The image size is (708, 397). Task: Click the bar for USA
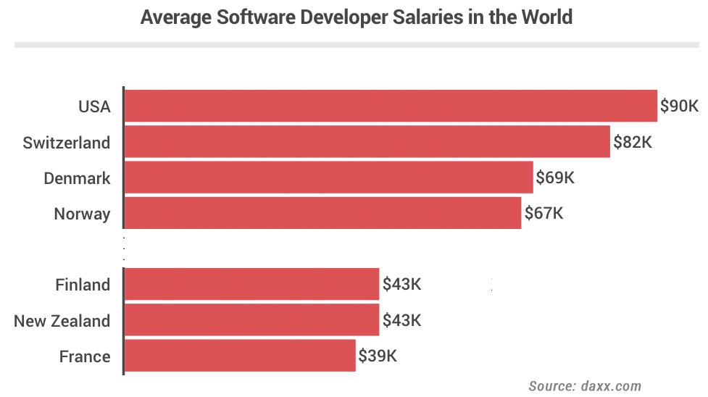point(391,106)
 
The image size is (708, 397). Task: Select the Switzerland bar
point(367,141)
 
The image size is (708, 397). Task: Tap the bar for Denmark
point(328,177)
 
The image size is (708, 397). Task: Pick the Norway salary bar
point(322,213)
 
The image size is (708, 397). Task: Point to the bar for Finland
point(251,284)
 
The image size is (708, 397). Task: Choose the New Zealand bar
point(251,320)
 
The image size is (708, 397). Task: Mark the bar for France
point(240,356)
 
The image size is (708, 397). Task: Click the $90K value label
point(679,106)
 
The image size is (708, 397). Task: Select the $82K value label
point(633,142)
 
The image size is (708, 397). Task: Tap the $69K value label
point(555,177)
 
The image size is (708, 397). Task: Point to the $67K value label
point(544,214)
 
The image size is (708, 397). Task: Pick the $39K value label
point(378,356)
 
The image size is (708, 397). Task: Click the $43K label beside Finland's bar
point(401,285)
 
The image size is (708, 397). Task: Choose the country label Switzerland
point(67,142)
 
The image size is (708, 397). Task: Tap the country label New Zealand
point(62,321)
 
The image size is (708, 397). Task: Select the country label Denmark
point(77,178)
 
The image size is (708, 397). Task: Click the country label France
point(85,356)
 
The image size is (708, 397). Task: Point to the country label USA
point(94,106)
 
